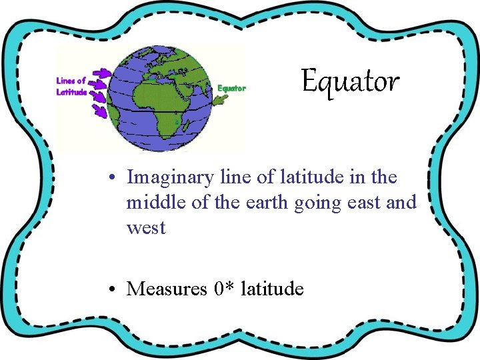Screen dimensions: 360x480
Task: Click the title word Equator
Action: point(350,82)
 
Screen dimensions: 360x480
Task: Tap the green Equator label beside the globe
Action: point(232,88)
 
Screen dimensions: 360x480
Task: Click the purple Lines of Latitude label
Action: point(71,87)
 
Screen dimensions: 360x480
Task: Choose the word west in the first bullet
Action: point(145,228)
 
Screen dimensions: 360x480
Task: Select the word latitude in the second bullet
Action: point(272,289)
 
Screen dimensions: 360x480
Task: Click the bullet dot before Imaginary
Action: point(115,178)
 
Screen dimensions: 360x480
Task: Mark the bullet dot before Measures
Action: point(115,289)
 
